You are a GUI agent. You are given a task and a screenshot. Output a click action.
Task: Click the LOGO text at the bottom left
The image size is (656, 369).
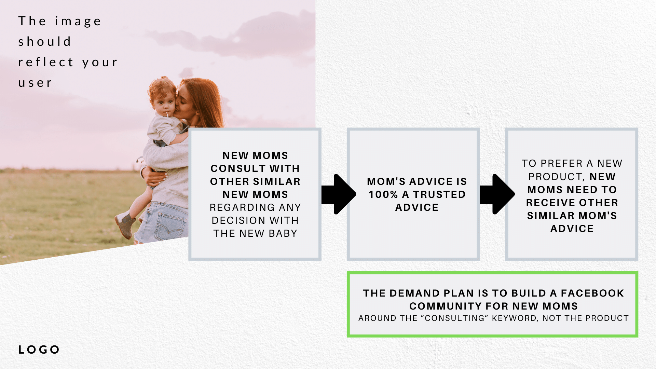click(39, 350)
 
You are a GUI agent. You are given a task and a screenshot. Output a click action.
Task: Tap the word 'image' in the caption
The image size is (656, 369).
click(78, 22)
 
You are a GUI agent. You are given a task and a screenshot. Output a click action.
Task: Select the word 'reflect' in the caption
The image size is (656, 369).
click(46, 62)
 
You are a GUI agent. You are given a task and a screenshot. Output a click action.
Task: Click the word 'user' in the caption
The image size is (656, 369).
click(35, 83)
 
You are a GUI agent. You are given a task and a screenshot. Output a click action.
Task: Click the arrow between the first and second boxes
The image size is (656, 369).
click(339, 194)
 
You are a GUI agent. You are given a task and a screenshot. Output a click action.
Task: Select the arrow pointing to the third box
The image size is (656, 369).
click(497, 194)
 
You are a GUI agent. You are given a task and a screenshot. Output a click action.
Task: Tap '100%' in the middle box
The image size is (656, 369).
click(383, 194)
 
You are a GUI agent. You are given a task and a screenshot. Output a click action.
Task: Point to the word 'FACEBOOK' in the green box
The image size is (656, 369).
click(592, 293)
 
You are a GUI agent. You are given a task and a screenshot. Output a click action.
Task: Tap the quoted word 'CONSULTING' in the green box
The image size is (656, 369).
click(455, 318)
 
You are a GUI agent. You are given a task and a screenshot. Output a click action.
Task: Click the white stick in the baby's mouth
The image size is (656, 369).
click(167, 114)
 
